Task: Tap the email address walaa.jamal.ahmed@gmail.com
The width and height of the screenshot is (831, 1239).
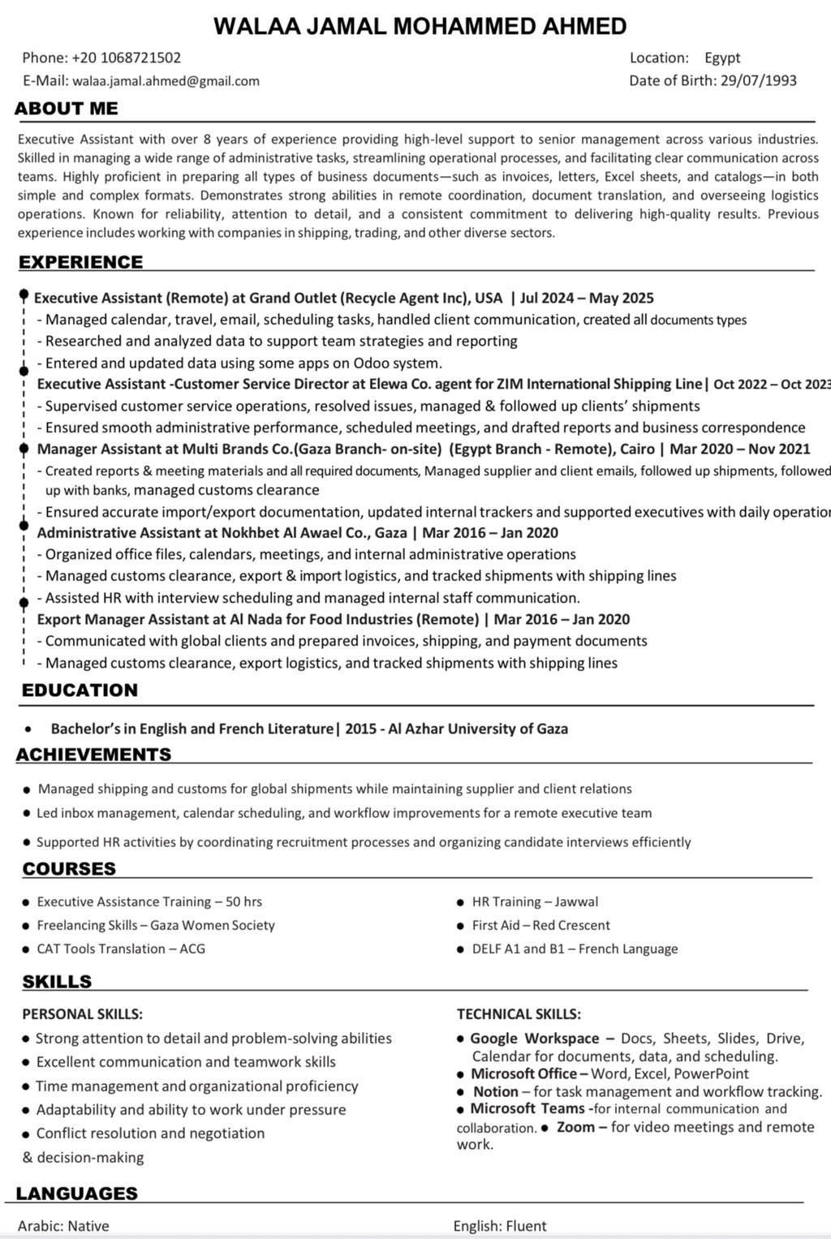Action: click(x=166, y=80)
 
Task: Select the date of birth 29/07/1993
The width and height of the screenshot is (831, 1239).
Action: click(x=758, y=80)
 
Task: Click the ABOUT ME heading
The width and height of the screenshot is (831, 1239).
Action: click(x=67, y=109)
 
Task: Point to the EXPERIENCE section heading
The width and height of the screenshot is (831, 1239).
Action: click(x=80, y=262)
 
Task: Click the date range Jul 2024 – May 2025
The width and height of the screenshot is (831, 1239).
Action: click(x=587, y=298)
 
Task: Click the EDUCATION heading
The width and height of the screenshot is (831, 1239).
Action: click(x=80, y=690)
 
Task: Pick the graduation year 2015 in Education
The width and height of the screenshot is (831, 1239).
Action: click(x=360, y=729)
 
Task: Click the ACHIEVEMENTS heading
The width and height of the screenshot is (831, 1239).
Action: click(x=94, y=755)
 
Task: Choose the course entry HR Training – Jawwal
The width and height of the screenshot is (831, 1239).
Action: click(x=535, y=901)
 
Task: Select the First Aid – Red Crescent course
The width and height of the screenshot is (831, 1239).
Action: click(x=540, y=925)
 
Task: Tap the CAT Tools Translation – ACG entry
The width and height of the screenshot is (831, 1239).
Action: click(x=121, y=949)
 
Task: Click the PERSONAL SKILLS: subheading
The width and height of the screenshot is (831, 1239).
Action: click(x=82, y=1013)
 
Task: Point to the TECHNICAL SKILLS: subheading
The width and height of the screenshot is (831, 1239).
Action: click(x=519, y=1013)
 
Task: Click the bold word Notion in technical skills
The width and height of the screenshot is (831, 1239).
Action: click(x=495, y=1091)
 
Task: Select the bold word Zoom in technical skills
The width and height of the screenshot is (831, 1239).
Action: click(x=575, y=1127)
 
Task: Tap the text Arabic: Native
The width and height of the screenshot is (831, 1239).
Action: click(x=63, y=1226)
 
